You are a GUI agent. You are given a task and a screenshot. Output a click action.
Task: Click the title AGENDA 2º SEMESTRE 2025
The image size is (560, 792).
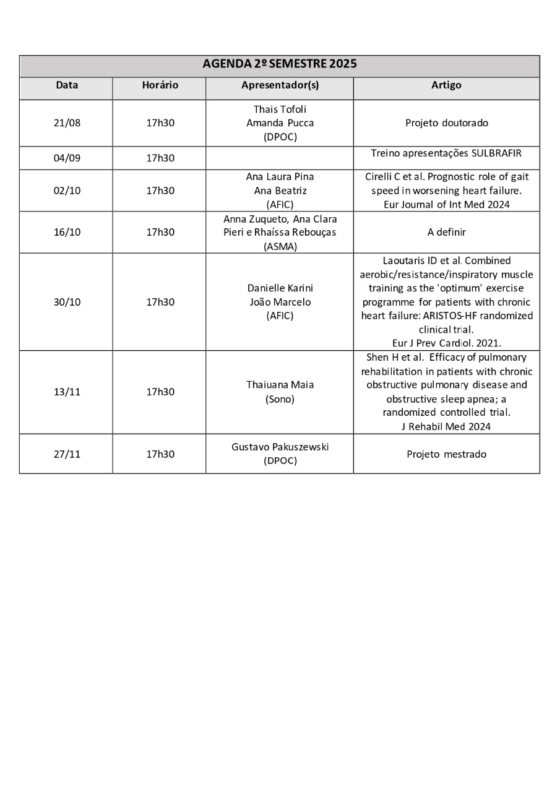[x=280, y=64]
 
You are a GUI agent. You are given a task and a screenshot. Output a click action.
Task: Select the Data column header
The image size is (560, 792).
[x=67, y=85]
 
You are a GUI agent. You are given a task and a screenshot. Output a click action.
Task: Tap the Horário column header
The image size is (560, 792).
[x=160, y=85]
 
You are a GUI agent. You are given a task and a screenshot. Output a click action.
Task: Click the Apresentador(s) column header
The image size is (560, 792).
[x=280, y=85]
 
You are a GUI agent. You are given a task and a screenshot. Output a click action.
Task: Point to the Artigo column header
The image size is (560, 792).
[x=446, y=85]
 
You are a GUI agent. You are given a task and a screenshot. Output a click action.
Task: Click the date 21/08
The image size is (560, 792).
[x=67, y=123]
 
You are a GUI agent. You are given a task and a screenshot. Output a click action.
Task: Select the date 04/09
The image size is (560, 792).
[x=67, y=158]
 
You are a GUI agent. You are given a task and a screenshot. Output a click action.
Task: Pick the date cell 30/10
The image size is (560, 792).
[x=67, y=302]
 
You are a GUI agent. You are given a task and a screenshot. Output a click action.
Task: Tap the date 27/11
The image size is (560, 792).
[x=67, y=454]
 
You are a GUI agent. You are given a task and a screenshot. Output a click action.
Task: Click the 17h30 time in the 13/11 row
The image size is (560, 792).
[x=160, y=392]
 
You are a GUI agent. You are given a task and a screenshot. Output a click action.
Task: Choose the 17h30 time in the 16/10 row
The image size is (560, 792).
[x=160, y=232]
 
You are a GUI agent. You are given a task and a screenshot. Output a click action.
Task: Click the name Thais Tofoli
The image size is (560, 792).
[x=280, y=109]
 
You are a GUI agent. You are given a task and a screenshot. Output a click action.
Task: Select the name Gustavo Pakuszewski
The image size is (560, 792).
[x=280, y=447]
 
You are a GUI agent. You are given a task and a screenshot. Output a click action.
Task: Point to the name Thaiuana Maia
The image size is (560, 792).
[x=280, y=385]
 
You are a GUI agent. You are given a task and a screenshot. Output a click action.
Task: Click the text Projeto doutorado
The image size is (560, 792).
[x=446, y=123]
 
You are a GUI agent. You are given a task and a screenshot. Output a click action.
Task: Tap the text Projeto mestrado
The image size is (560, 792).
[x=446, y=454]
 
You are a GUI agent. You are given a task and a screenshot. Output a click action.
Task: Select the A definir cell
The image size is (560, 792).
[x=446, y=232]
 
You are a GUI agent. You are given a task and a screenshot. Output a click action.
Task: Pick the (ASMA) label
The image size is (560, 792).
[x=280, y=246]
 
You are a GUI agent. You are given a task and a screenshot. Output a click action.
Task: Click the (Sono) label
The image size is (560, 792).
[x=280, y=399]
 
